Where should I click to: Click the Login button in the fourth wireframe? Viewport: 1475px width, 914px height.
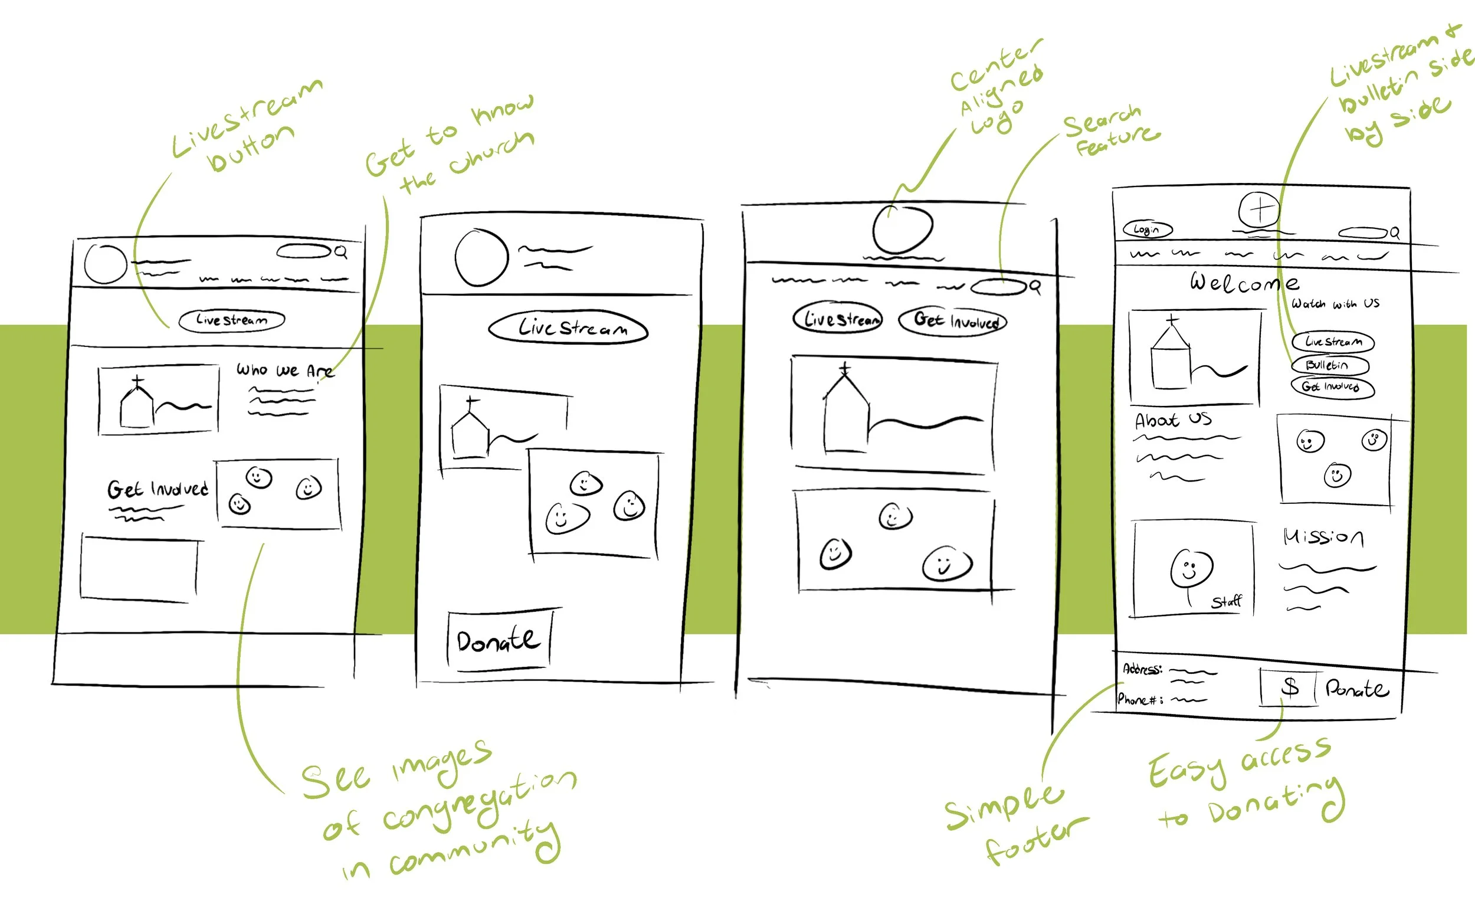click(x=1147, y=230)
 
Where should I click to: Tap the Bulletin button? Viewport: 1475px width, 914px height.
click(x=1330, y=365)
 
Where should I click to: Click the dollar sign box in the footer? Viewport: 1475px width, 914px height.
click(x=1289, y=687)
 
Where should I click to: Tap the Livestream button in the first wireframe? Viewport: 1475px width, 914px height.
click(x=231, y=320)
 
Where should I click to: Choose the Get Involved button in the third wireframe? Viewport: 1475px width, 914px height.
click(x=953, y=320)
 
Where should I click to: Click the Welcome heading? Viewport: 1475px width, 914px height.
click(x=1244, y=282)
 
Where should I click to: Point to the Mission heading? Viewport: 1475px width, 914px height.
click(x=1323, y=537)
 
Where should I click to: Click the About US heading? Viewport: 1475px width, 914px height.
click(x=1172, y=420)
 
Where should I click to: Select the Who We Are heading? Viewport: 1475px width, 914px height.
click(x=284, y=369)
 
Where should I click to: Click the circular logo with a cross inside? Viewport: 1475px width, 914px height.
click(x=1259, y=209)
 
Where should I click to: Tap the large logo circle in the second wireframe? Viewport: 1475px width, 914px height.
click(x=481, y=257)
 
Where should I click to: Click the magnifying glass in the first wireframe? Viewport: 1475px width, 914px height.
click(x=341, y=252)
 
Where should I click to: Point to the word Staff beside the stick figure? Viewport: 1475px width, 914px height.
click(x=1226, y=601)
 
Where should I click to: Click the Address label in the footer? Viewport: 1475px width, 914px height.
click(x=1142, y=669)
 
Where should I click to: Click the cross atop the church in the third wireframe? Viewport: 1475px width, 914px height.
click(x=845, y=368)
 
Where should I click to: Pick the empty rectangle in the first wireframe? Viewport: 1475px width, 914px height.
click(x=140, y=569)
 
